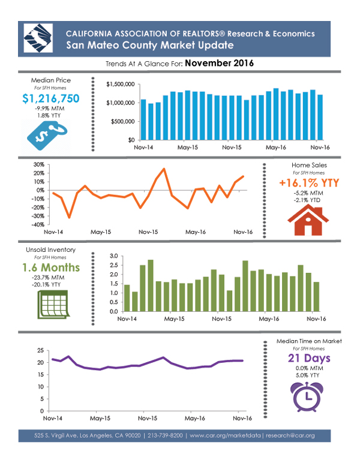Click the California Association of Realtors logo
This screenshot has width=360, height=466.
pos(38,38)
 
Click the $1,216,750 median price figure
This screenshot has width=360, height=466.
pos(51,98)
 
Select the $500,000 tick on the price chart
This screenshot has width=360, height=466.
pos(122,122)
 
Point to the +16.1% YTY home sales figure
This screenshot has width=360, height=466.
pos(309,183)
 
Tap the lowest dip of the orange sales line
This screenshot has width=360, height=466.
pos(69,218)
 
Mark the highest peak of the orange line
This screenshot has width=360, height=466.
pos(164,169)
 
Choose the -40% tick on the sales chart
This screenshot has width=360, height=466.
pos(38,225)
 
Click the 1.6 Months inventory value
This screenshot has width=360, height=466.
pos(51,267)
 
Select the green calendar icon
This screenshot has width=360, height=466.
pos(53,305)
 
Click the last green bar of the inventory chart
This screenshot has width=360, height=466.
pos(316,297)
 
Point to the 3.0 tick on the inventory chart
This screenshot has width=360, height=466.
pos(114,256)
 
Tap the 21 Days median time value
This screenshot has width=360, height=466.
pos(309,358)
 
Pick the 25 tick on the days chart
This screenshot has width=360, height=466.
pos(40,350)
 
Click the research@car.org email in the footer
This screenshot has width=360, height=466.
pos(290,435)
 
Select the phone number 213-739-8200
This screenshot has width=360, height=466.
pos(165,435)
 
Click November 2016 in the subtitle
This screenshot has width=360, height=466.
pos(220,63)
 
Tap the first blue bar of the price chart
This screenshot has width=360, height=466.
pos(143,120)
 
